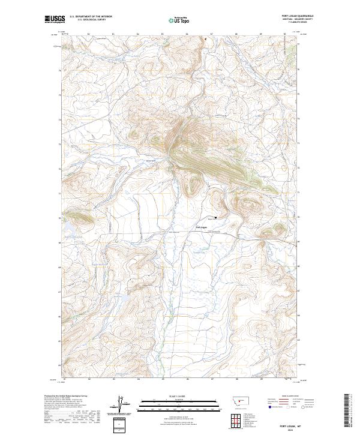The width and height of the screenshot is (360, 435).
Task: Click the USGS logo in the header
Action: (x=53, y=20)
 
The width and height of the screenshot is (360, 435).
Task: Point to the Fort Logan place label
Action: (x=201, y=228)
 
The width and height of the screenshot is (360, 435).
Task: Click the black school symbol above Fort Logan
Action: (x=215, y=217)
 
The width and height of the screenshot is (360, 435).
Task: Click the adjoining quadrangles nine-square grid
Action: (x=233, y=420)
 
